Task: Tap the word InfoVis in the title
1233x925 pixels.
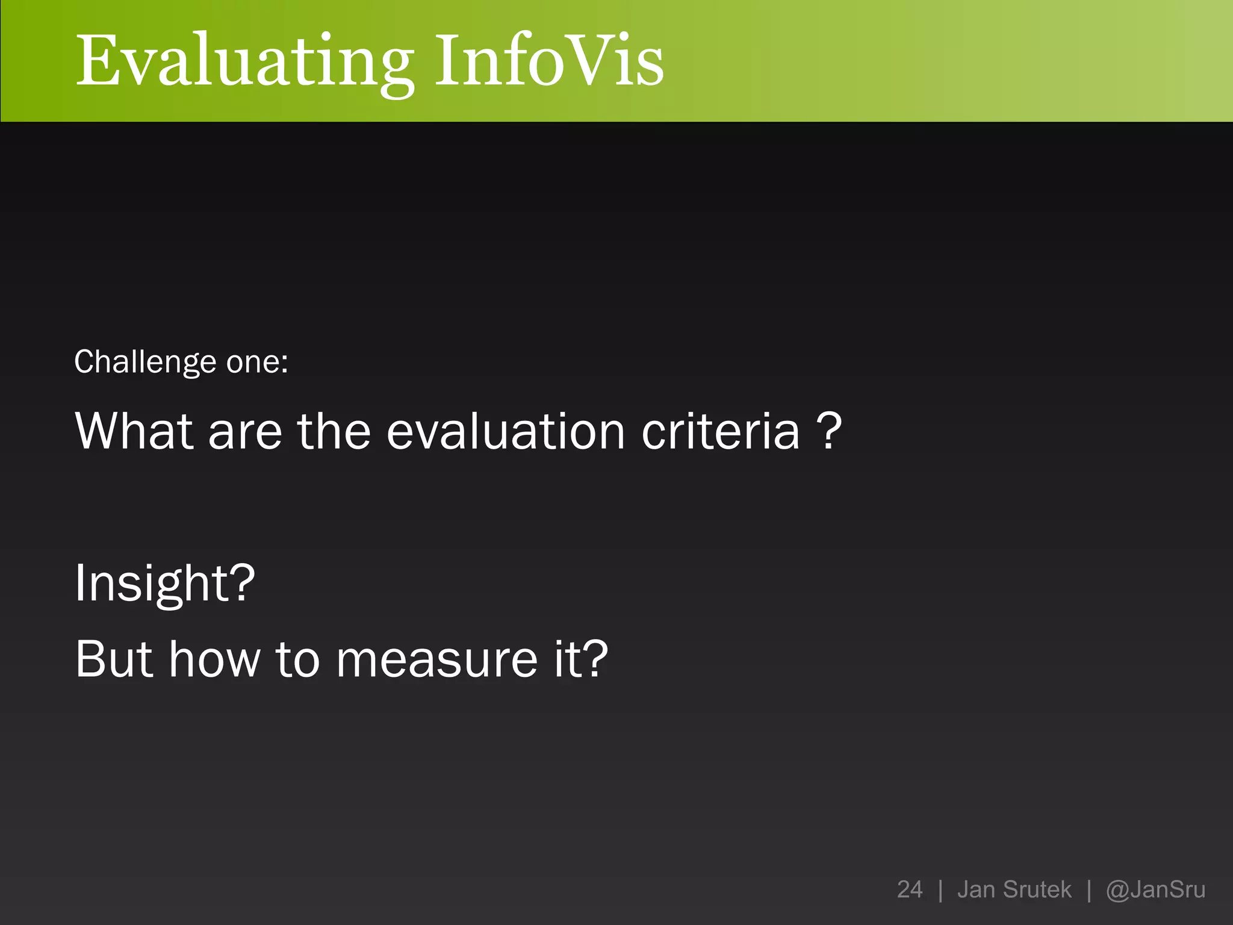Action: pyautogui.click(x=549, y=60)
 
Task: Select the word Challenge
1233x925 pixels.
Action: pyautogui.click(x=145, y=363)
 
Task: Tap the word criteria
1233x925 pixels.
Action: pyautogui.click(x=721, y=431)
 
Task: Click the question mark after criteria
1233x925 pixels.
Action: pyautogui.click(x=829, y=431)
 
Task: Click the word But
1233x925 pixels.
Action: pyautogui.click(x=114, y=659)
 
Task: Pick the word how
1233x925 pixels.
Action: pyautogui.click(x=214, y=659)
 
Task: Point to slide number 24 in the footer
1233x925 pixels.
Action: pyautogui.click(x=909, y=889)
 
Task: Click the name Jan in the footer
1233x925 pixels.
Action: pyautogui.click(x=975, y=889)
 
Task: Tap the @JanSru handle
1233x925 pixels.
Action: pyautogui.click(x=1155, y=889)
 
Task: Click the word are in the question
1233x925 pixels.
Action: pyautogui.click(x=245, y=432)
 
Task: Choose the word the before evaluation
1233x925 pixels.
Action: pyautogui.click(x=334, y=431)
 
